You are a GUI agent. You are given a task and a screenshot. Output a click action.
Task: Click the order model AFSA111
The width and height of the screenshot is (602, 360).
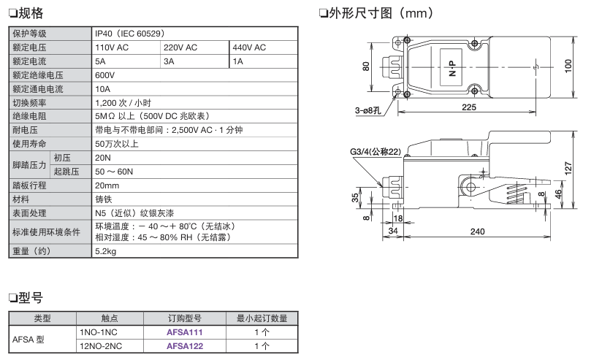pos(185,332)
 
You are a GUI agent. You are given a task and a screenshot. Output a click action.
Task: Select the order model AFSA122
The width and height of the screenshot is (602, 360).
pos(185,346)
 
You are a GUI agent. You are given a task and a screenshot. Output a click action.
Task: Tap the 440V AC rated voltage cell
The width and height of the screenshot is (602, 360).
pos(249,47)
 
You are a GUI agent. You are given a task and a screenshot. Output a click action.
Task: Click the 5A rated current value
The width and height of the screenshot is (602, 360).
pos(100,61)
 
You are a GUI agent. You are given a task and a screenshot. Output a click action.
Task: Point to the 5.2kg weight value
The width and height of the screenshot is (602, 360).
pos(106,251)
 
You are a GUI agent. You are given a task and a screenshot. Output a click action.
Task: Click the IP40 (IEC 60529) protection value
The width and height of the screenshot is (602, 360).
pos(130,34)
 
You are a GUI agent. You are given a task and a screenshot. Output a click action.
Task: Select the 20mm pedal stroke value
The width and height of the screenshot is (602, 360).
pos(107,185)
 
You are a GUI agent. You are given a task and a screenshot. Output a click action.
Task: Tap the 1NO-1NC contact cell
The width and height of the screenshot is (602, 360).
pos(99,332)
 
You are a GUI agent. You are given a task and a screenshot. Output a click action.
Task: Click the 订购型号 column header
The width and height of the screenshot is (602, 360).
pos(185,318)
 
